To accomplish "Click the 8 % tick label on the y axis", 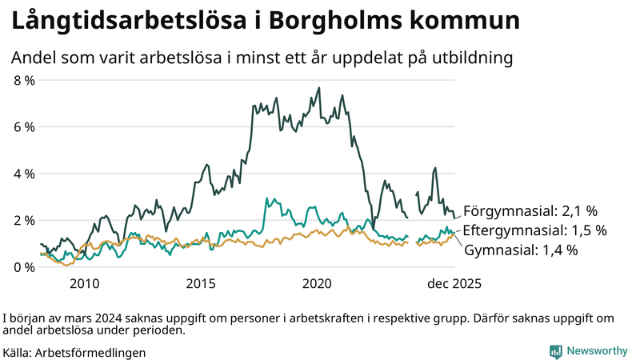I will (23, 81).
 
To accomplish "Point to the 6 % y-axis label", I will (23, 127).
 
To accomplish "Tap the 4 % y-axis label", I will (23, 174).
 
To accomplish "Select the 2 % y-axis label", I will (23, 220).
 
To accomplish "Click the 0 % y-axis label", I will (23, 266).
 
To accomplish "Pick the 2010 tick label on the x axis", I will (84, 283).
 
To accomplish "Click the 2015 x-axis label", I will (201, 283).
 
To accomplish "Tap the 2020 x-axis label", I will (318, 283).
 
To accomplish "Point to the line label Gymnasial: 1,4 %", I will (521, 250).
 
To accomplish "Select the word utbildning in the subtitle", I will (467, 58).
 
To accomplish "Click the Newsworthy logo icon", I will (555, 351).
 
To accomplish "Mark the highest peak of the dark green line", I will (319, 88).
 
